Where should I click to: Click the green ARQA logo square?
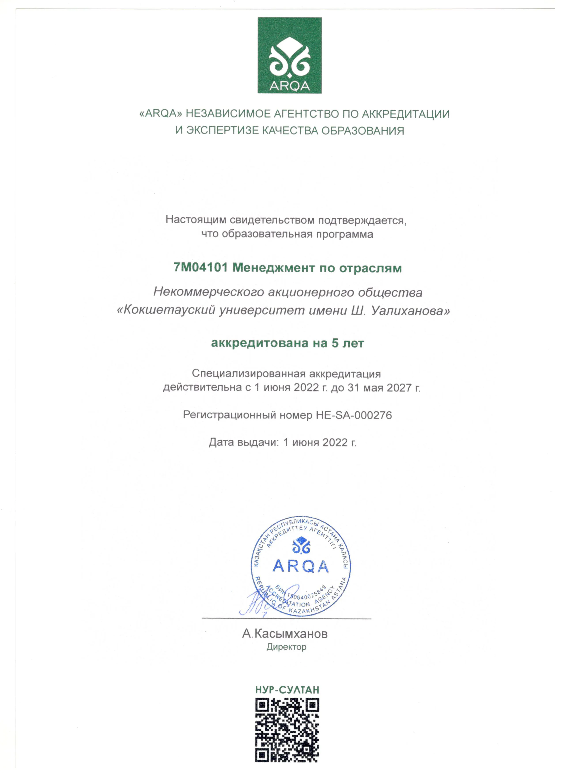coord(289,55)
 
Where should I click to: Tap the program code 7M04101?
coord(200,268)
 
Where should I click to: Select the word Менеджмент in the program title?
coord(274,268)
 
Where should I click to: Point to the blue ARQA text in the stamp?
coord(300,567)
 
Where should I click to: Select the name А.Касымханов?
coord(285,634)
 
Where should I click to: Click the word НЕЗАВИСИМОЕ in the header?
coord(227,114)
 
